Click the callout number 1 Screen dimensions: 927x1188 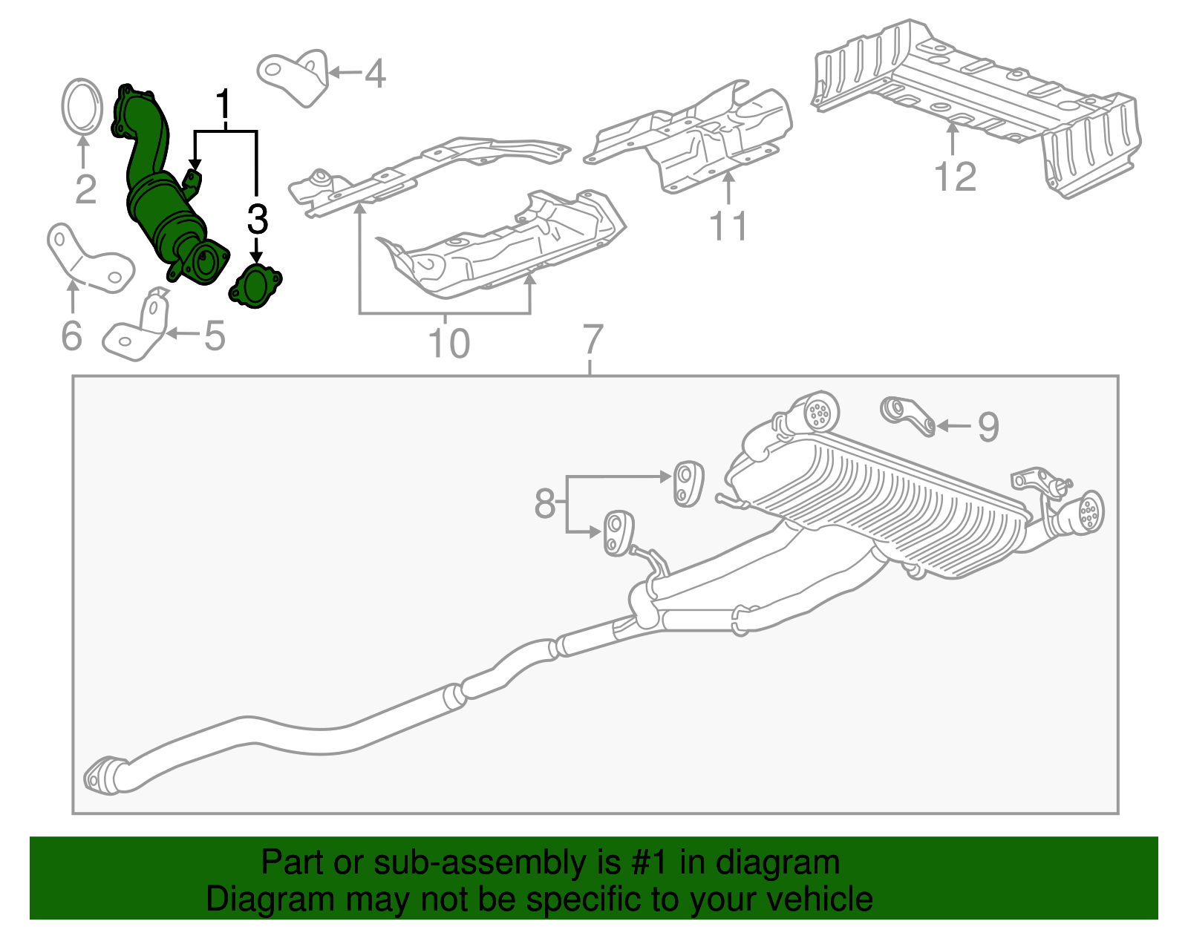[x=223, y=105]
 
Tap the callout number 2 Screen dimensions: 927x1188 [x=85, y=189]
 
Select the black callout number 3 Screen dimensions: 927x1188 [x=257, y=220]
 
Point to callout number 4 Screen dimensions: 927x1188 [x=376, y=74]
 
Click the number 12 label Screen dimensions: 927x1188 [x=955, y=177]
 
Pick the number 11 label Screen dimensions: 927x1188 [x=728, y=226]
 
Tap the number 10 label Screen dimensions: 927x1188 [x=448, y=343]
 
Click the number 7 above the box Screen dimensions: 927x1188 [x=591, y=340]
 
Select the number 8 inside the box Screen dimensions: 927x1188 [x=545, y=504]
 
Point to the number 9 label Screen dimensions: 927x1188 [x=988, y=427]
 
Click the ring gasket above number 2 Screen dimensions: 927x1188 [x=81, y=107]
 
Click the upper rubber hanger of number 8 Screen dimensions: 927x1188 [x=688, y=483]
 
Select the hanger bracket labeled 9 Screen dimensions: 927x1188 [x=907, y=416]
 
